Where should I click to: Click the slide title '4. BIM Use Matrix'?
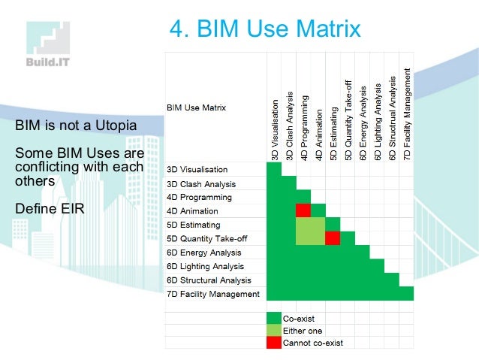264,29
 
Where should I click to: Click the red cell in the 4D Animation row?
303,210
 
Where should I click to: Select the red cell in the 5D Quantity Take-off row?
333,238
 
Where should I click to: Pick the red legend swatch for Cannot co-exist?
273,343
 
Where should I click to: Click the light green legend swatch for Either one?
273,331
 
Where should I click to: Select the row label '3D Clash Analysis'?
200,184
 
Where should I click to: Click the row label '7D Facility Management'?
212,293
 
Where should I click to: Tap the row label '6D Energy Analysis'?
203,253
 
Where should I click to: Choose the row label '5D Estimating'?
193,225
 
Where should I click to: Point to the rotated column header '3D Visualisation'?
275,129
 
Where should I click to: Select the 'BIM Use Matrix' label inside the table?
196,107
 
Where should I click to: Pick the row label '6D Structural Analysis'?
208,280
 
